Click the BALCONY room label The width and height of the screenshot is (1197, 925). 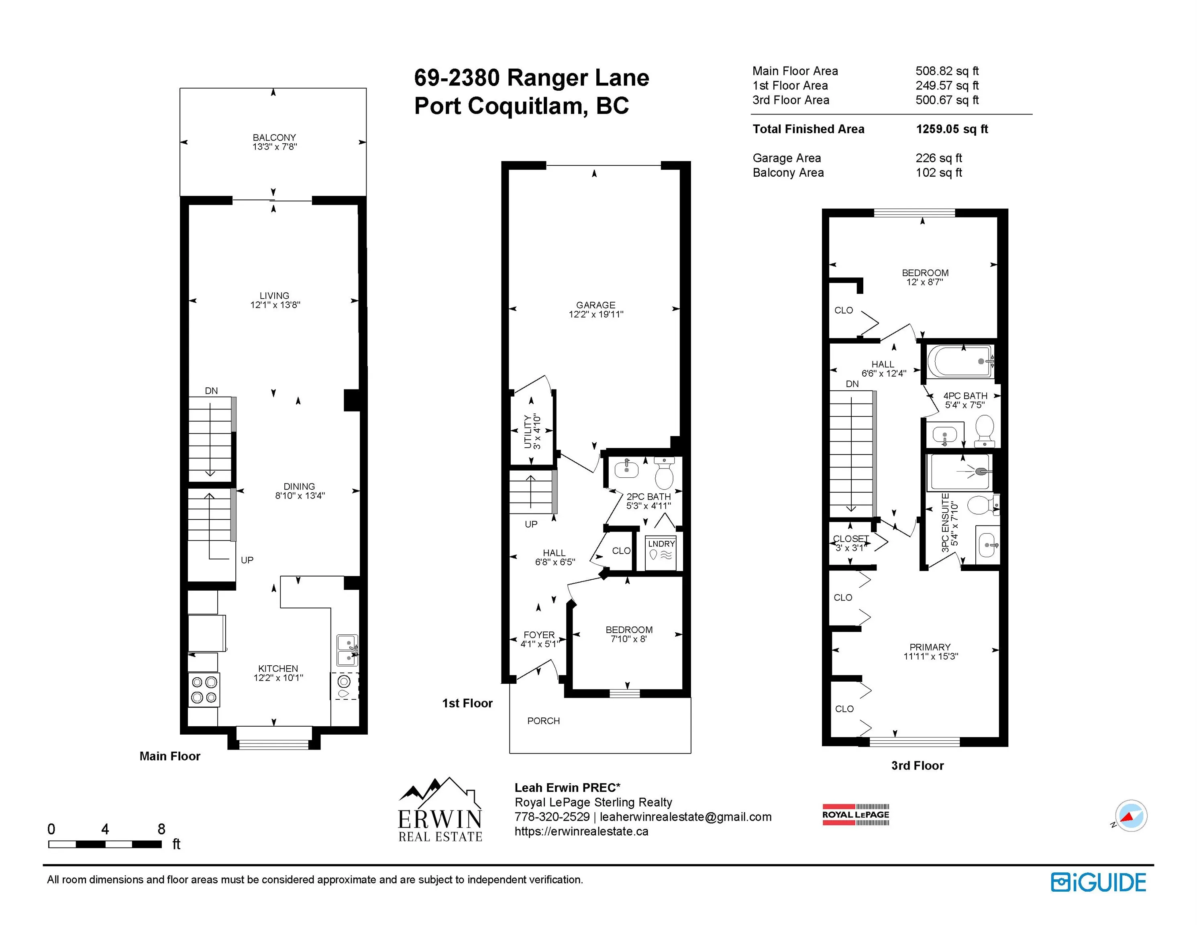(274, 138)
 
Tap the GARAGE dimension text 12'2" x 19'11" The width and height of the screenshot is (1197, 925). (596, 314)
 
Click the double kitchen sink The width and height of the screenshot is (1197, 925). (347, 650)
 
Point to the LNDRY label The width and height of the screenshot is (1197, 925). (661, 544)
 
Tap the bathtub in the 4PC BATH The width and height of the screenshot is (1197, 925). (960, 361)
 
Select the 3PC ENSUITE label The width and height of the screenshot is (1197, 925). (945, 522)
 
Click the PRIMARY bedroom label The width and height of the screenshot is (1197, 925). (930, 647)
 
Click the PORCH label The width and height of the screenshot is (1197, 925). (543, 721)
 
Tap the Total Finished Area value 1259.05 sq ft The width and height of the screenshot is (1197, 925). (952, 129)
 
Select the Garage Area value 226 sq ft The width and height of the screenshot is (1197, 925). (938, 158)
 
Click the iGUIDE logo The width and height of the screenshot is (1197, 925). (1098, 883)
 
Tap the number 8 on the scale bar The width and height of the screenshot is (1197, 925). (161, 829)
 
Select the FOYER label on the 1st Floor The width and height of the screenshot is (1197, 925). (539, 635)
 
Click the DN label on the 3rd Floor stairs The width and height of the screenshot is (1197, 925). (852, 384)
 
